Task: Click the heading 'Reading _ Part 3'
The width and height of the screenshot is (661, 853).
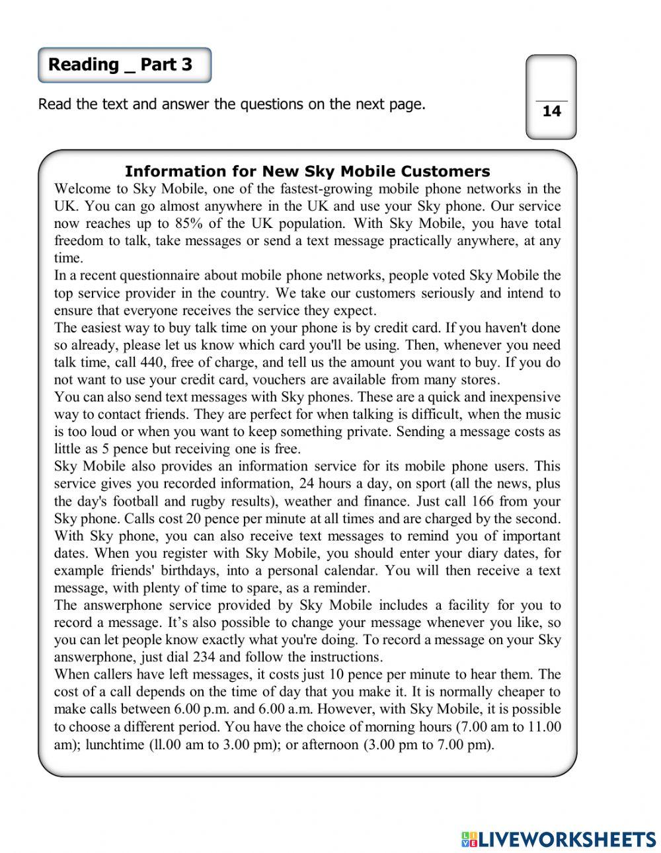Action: pos(120,65)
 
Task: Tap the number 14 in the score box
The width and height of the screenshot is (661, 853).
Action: pos(551,111)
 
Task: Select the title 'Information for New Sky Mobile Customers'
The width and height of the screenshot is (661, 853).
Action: pos(307,172)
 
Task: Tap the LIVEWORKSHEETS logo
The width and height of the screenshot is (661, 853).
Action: pos(559,839)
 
